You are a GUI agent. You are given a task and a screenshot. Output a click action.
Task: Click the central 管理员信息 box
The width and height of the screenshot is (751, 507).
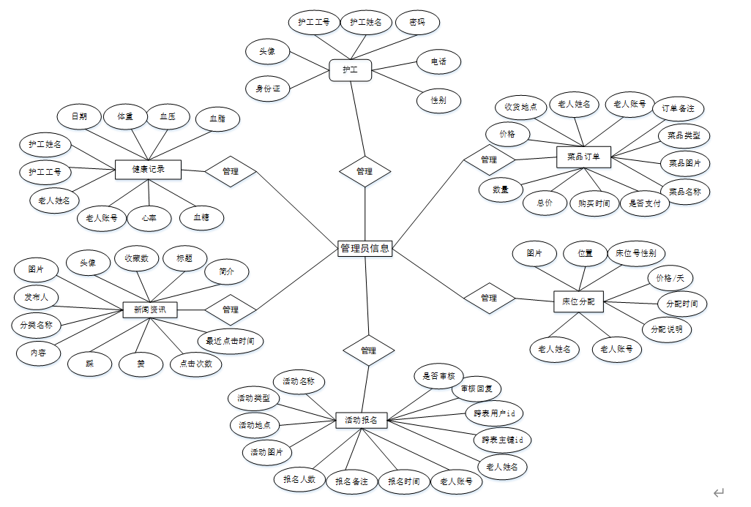pos(365,249)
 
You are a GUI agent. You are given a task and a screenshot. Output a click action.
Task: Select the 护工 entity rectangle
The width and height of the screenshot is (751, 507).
pos(350,70)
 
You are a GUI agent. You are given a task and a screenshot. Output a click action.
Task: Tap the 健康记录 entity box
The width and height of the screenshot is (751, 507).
pos(148,170)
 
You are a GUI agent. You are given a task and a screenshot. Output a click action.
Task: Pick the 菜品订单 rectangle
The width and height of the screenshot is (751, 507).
pos(583,157)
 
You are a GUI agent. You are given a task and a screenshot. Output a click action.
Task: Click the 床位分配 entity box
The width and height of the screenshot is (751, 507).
pos(578,301)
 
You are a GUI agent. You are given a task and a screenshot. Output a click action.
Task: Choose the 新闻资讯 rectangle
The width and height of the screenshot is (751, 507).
pos(149,310)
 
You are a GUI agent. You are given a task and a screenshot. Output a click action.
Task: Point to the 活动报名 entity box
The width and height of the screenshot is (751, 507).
pos(361,420)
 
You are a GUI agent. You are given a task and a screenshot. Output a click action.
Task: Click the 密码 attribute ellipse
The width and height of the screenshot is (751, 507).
pos(417,23)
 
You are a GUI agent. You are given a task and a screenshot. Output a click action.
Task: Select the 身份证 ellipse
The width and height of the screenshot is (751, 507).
pos(268,89)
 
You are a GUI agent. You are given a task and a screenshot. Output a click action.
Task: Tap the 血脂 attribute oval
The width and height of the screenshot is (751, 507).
pos(217,119)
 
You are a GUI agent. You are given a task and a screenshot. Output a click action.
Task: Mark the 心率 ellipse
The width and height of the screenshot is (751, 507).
pos(150,217)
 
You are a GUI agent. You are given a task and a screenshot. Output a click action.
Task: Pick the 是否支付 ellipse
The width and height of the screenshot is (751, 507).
pos(645,203)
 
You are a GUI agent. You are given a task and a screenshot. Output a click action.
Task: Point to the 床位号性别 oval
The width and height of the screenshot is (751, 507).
pos(635,254)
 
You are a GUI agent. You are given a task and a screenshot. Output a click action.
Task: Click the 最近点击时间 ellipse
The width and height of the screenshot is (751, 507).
pos(230,341)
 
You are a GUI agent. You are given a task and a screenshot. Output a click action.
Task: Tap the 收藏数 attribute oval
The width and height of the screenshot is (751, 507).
pos(136,258)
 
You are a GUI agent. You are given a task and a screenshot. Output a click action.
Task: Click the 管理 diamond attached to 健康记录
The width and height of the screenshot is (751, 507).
pos(231,171)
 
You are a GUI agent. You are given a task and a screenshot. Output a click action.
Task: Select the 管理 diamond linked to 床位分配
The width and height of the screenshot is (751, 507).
pos(489,298)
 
